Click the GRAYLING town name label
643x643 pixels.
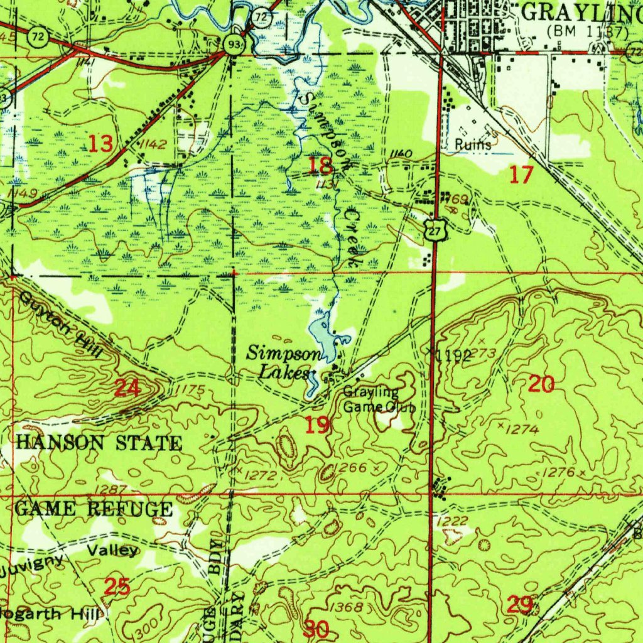[581, 11]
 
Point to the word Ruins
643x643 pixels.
[474, 145]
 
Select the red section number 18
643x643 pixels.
[320, 166]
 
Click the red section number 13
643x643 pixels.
[101, 144]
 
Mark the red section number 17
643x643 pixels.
[521, 175]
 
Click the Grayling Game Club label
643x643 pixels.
[379, 399]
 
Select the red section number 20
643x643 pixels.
[541, 384]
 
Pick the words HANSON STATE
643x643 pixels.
[99, 443]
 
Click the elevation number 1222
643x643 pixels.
[452, 521]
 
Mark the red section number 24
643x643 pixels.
[127, 389]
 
